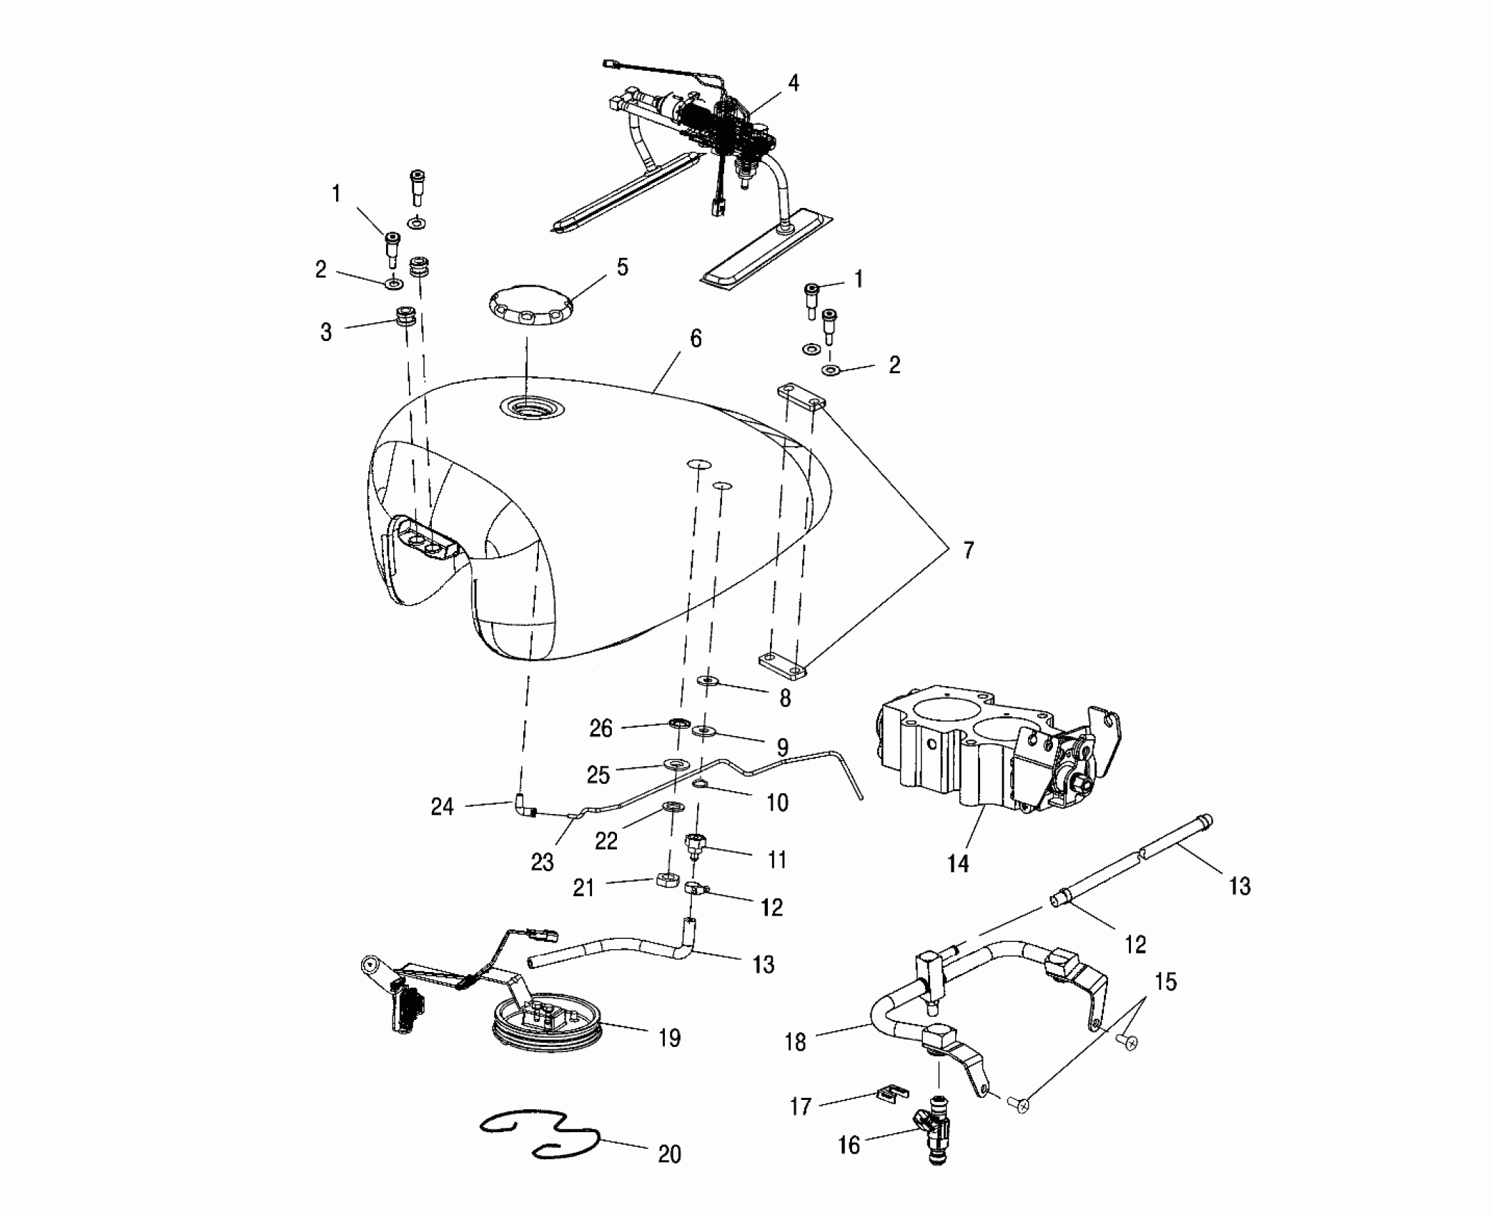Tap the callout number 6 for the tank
(x=695, y=339)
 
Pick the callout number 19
(x=669, y=1038)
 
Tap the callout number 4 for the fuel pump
(x=793, y=84)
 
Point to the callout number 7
(x=968, y=550)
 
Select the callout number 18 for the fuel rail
(x=795, y=1042)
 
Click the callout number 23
(x=542, y=863)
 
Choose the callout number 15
(x=1165, y=982)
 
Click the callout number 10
(x=777, y=803)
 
